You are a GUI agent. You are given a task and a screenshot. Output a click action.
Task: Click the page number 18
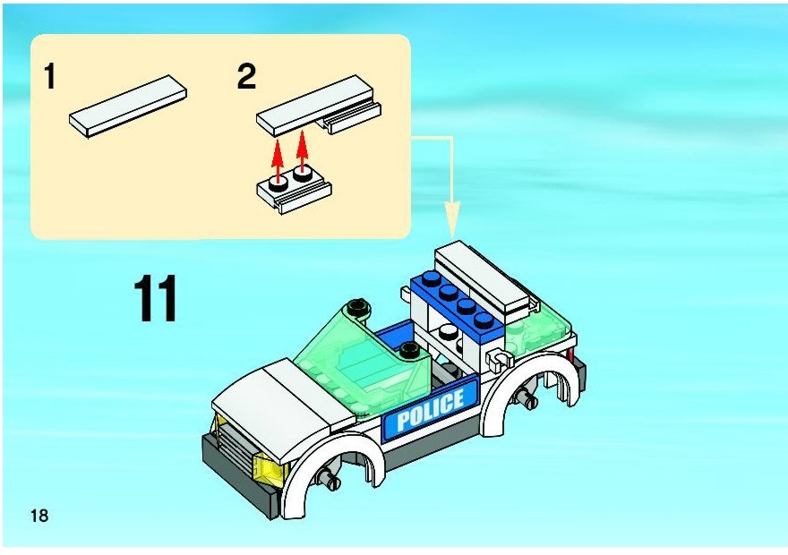click(x=39, y=516)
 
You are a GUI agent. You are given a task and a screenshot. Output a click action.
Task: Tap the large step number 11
click(x=156, y=298)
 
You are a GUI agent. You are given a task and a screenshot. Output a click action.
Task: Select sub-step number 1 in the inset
click(x=49, y=76)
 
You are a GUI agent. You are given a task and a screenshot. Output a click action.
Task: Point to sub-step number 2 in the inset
click(x=246, y=77)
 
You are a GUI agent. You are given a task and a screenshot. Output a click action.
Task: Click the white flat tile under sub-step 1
click(x=128, y=106)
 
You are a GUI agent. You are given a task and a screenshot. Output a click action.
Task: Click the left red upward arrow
click(x=277, y=158)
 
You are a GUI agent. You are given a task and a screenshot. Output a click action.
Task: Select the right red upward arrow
click(x=302, y=150)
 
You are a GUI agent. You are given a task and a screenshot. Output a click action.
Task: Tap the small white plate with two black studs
click(x=294, y=192)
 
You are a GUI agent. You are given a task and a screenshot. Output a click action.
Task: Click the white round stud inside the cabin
click(x=448, y=331)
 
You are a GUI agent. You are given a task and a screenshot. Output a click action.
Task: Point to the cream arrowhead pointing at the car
click(x=452, y=219)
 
